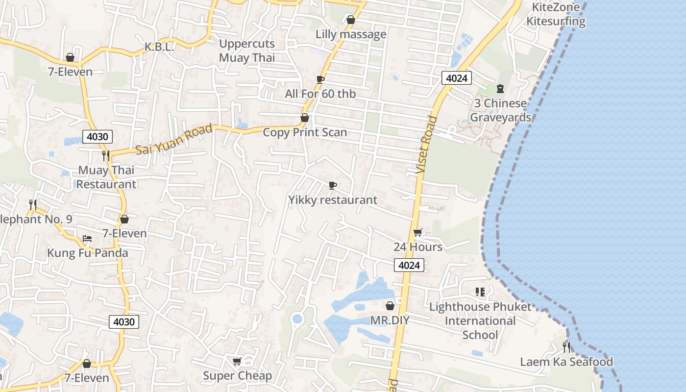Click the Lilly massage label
[x=351, y=34]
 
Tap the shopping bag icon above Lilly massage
[x=351, y=20]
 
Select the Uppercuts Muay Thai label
[x=247, y=50]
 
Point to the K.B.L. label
[x=159, y=47]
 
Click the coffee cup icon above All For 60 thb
[x=320, y=79]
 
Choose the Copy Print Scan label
[x=305, y=132]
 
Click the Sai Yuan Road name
[x=174, y=139]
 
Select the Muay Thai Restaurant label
[x=106, y=177]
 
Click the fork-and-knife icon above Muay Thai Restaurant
[x=106, y=156]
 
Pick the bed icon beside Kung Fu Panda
[x=87, y=239]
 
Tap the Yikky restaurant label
[x=333, y=200]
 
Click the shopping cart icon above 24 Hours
[x=417, y=233]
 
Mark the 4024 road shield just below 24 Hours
[x=409, y=265]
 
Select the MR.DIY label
[x=390, y=320]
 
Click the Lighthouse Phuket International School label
[x=480, y=321]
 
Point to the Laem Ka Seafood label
[x=566, y=362]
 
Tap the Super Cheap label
[x=237, y=376]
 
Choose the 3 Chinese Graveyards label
[x=500, y=110]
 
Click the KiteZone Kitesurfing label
[x=556, y=14]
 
